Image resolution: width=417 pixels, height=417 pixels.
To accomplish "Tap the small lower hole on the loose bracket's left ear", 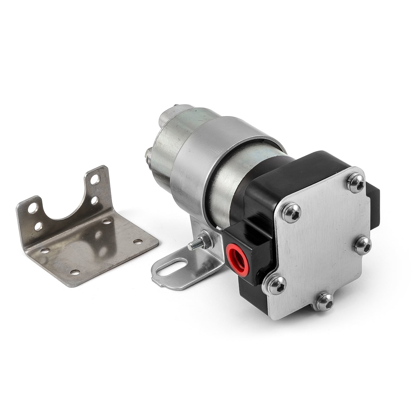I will (x=38, y=227).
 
